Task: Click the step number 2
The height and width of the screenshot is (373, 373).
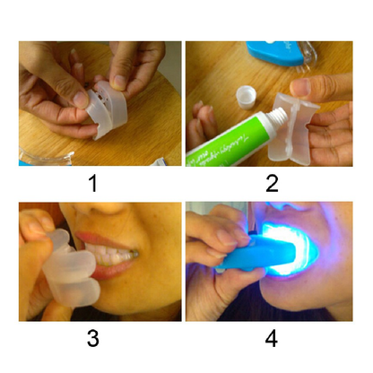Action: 271,186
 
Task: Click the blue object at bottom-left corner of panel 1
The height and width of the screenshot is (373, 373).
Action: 31,161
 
